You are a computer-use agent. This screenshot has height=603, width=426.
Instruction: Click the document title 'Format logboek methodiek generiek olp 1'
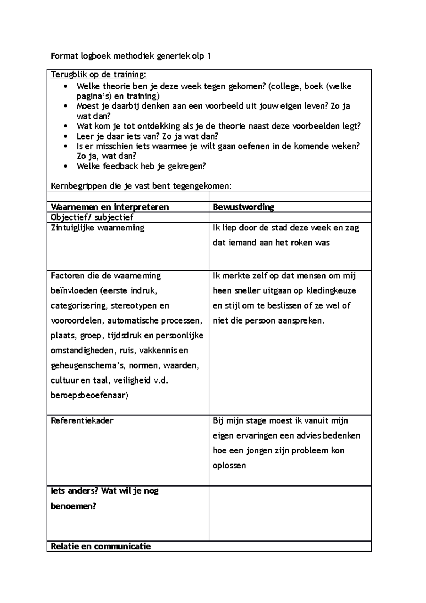pos(131,56)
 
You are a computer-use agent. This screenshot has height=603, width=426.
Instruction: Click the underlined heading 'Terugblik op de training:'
pos(98,75)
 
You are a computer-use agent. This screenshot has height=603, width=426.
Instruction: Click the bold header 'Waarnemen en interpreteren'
pos(110,207)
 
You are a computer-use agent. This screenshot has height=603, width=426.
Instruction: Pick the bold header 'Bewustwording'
pos(243,207)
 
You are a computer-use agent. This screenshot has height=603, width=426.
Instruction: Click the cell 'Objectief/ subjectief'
pos(92,217)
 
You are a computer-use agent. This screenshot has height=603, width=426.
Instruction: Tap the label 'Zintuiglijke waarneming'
pos(98,228)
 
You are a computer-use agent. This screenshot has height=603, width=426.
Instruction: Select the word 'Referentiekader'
pos(82,421)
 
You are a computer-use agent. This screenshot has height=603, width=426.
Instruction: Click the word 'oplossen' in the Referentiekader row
pos(229,466)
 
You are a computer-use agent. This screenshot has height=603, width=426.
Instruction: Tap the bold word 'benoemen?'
pos(73,506)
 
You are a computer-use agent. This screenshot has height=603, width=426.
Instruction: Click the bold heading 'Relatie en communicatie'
pos(101,547)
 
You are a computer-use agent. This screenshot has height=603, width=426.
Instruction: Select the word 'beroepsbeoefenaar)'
pos(89,395)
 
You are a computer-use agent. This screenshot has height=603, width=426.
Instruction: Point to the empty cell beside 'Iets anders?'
pos(290,514)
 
